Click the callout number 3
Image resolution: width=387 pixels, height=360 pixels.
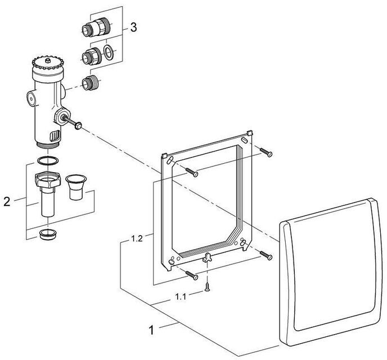[x=133, y=26]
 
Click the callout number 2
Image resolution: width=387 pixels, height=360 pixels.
[x=7, y=200]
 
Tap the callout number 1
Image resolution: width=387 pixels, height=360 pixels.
[x=150, y=330]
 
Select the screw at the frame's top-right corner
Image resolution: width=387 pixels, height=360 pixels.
[x=266, y=152]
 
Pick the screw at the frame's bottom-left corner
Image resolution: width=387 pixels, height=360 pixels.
[x=192, y=276]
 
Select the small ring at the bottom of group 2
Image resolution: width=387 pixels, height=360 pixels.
[x=48, y=233]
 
